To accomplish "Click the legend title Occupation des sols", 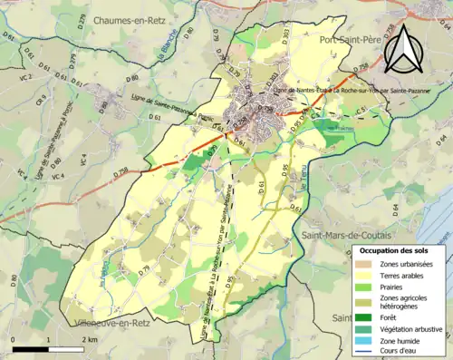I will coord(397,250).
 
